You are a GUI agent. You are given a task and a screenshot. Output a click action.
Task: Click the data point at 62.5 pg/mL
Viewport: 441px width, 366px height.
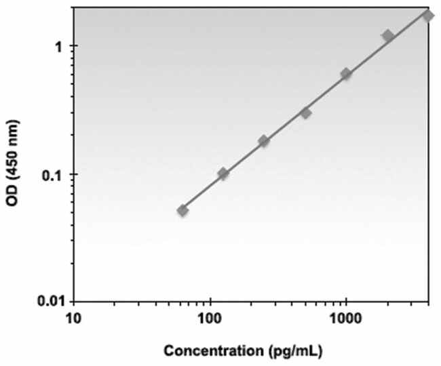click(183, 211)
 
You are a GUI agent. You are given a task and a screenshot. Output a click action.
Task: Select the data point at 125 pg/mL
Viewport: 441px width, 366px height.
click(223, 174)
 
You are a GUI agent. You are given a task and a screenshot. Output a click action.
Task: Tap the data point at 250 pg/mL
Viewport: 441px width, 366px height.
click(264, 141)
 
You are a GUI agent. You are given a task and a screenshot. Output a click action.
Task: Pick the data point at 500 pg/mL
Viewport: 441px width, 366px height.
click(305, 113)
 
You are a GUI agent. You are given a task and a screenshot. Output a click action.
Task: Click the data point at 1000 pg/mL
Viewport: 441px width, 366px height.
click(346, 74)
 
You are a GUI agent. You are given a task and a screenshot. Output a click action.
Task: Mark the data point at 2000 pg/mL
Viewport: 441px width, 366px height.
click(387, 35)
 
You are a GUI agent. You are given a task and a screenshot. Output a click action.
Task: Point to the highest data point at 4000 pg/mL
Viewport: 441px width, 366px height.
click(428, 15)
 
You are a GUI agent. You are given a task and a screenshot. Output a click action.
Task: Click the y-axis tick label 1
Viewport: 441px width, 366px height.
click(58, 47)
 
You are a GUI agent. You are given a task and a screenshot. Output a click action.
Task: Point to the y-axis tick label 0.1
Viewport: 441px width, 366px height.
click(54, 174)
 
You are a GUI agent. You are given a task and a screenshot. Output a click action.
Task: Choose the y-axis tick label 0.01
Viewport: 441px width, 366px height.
click(51, 300)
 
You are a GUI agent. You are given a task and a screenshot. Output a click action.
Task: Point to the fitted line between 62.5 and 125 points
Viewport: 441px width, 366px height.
click(203, 193)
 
